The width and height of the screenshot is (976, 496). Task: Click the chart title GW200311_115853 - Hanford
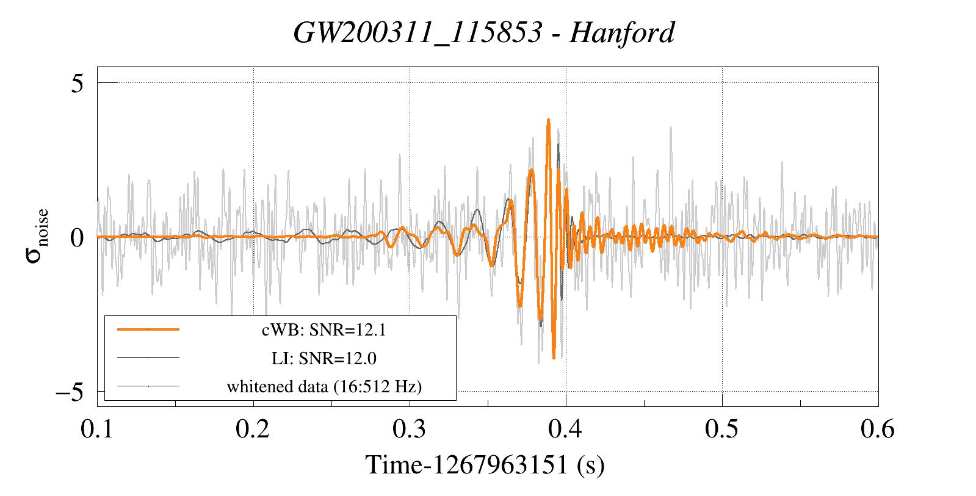tap(484, 32)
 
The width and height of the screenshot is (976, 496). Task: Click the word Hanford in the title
tap(621, 32)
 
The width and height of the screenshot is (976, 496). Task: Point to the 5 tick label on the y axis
tap(77, 83)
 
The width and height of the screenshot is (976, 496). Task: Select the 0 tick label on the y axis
tap(77, 237)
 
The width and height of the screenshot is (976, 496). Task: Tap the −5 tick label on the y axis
tap(70, 392)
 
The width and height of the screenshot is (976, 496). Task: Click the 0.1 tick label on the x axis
tap(98, 429)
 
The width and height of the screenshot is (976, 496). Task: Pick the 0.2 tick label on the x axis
tap(253, 429)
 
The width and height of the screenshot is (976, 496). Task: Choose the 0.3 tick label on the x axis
tap(410, 429)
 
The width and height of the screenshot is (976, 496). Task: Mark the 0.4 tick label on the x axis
tap(566, 429)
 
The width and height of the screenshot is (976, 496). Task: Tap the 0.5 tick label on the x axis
tap(722, 429)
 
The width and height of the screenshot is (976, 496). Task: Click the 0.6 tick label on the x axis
tap(878, 429)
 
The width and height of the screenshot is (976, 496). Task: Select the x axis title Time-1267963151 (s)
tap(485, 465)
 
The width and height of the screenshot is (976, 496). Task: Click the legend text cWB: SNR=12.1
tap(324, 330)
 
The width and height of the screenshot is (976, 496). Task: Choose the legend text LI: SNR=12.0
tap(324, 358)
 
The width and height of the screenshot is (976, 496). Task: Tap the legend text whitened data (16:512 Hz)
tap(324, 386)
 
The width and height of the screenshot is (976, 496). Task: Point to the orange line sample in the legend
tap(148, 329)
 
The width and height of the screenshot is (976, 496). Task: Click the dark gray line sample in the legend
tap(148, 358)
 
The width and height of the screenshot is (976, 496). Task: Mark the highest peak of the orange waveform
tap(548, 120)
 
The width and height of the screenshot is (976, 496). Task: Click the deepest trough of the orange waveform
tap(554, 358)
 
